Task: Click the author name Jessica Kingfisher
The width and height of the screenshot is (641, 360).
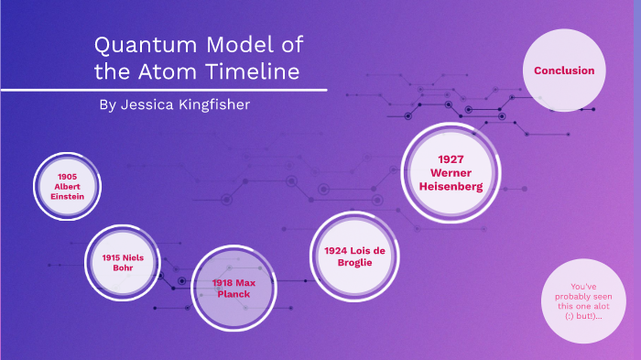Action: tap(174, 104)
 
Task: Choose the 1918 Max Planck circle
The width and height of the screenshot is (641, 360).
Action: tap(233, 289)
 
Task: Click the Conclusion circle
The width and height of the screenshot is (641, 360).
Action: tap(564, 71)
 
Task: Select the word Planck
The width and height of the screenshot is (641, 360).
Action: tap(234, 294)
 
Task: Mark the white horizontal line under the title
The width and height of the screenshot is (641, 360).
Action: tap(165, 90)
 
